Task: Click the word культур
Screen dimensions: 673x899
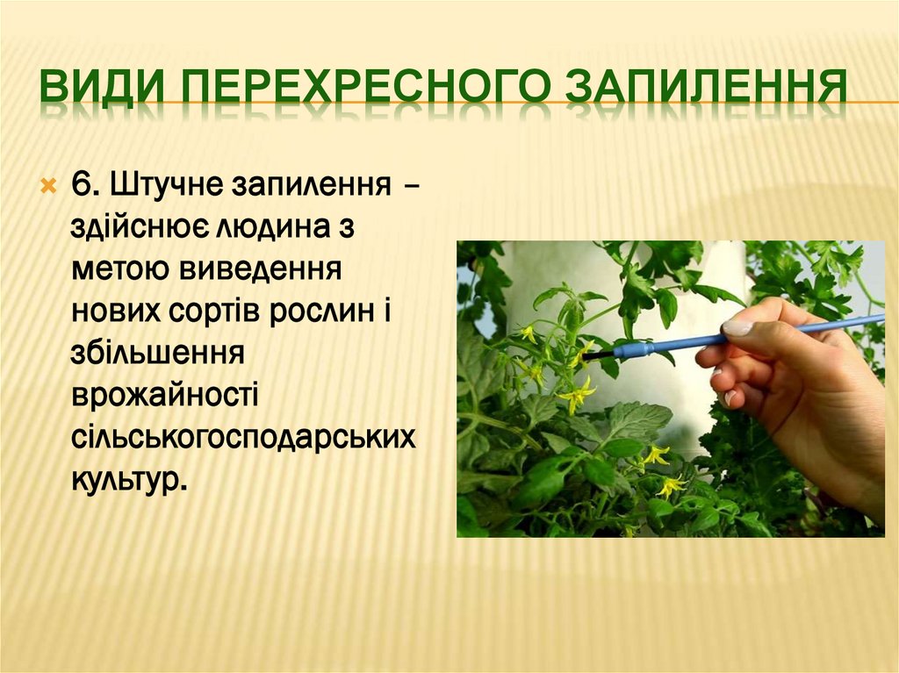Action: point(128,477)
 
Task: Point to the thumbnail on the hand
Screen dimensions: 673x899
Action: point(737,327)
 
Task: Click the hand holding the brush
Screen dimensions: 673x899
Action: point(790,386)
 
